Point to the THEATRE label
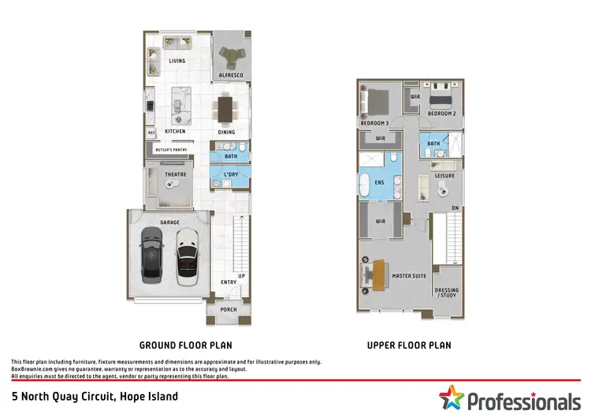(175, 174)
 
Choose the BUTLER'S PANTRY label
(170, 149)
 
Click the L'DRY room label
(231, 174)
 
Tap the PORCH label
(229, 309)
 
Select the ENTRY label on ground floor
(229, 282)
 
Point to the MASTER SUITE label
(409, 275)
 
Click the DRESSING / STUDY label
(447, 293)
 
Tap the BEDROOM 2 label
(441, 114)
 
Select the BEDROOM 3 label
(375, 124)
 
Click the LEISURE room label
(444, 175)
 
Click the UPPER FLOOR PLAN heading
(409, 345)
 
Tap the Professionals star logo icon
(452, 398)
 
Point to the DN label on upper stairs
(455, 208)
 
